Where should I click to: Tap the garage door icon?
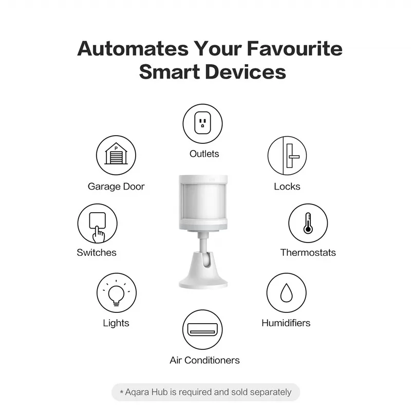[x=116, y=155]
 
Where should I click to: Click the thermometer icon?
[x=308, y=223]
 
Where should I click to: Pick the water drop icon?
[x=286, y=292]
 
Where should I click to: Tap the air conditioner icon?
[x=202, y=328]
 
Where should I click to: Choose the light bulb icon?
[x=116, y=293]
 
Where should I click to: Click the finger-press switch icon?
[x=97, y=224]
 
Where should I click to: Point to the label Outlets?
[x=204, y=154]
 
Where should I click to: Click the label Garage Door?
[x=116, y=186]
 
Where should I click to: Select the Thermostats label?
[x=308, y=252]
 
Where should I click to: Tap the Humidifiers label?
[x=286, y=323]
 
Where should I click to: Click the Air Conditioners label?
[x=204, y=360]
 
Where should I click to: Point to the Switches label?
[x=97, y=252]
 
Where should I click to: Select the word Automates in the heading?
[x=133, y=49]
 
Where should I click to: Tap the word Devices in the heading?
[x=246, y=72]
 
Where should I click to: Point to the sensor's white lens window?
[x=203, y=200]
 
